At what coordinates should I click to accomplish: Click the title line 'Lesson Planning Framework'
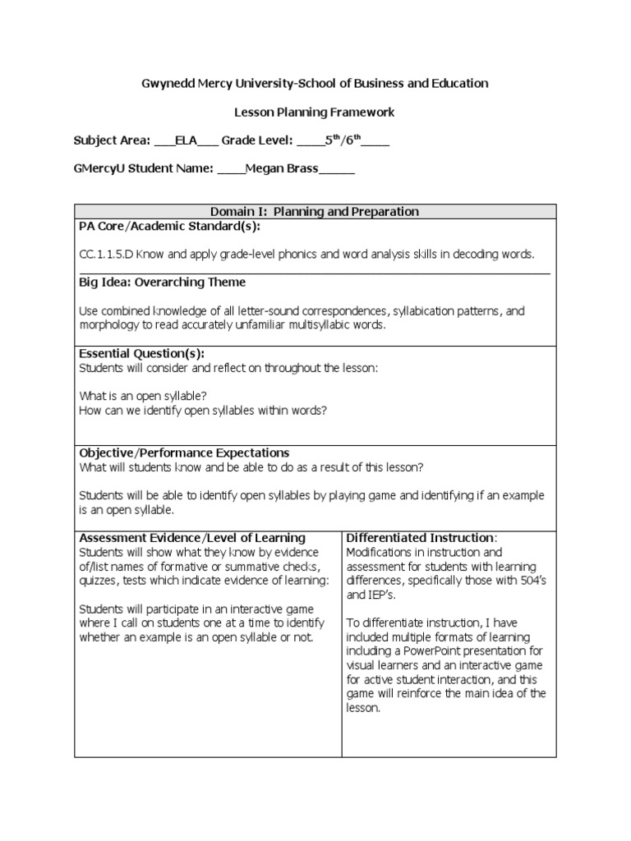315,112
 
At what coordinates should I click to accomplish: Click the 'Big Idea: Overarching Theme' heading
162,283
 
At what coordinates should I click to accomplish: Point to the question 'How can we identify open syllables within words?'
203,410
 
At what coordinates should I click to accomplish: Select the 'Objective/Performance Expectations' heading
184,453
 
